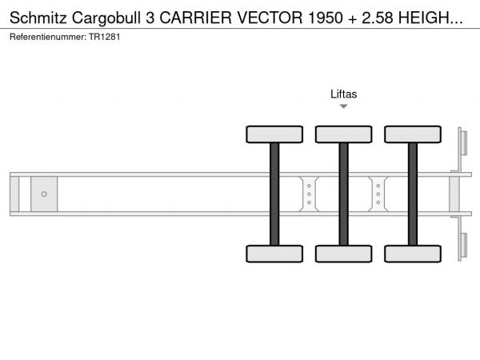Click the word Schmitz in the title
coord(38,18)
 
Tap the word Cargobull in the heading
coord(106,18)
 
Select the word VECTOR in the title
coord(270,18)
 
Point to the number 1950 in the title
coord(326,18)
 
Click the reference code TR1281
coord(104,37)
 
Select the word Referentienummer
coord(48,37)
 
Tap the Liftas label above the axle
coord(343,94)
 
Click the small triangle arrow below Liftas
coord(344,106)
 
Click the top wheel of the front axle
coord(274,134)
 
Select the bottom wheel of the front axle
coord(274,254)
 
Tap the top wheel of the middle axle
coord(344,134)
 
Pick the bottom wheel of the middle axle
coord(344,254)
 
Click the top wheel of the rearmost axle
coord(413,134)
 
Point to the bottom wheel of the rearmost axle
coord(413,254)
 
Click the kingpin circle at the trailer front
coord(44,194)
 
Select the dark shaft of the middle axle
coord(344,194)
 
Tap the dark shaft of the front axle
coord(274,194)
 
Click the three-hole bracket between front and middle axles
coord(309,194)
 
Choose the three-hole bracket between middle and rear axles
coord(378,194)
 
